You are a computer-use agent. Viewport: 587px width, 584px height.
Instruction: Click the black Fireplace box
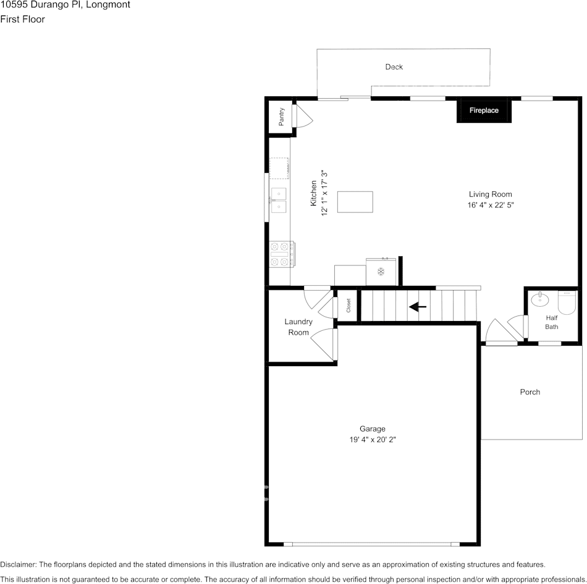(x=484, y=110)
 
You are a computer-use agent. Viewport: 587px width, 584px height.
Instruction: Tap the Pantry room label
(x=282, y=117)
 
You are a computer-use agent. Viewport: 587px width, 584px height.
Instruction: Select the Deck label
(x=394, y=67)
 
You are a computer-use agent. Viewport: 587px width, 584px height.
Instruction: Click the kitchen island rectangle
(x=355, y=202)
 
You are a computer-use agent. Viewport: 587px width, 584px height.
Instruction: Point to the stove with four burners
(x=282, y=254)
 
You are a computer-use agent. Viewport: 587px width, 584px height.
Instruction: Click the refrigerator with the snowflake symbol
(x=381, y=272)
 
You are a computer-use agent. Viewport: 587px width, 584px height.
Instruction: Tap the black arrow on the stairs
(x=418, y=307)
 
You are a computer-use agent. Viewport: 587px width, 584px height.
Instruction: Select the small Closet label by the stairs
(x=348, y=306)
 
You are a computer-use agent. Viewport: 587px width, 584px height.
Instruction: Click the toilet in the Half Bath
(x=567, y=302)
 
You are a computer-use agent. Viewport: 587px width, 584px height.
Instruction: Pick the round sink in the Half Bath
(x=539, y=299)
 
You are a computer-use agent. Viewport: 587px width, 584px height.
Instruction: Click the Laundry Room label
(x=298, y=327)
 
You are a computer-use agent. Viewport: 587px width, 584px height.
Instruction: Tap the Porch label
(x=530, y=392)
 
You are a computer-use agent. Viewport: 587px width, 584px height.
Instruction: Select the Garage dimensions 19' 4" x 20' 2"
(x=373, y=440)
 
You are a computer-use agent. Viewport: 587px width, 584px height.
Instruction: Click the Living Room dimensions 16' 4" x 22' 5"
(x=491, y=205)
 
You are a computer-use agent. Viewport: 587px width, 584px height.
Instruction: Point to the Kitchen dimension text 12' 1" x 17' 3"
(x=324, y=193)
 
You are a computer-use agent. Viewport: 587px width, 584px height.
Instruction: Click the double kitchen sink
(x=278, y=200)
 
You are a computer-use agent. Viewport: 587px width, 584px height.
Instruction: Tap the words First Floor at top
(x=22, y=19)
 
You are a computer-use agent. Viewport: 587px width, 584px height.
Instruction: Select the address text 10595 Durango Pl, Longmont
(x=65, y=5)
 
